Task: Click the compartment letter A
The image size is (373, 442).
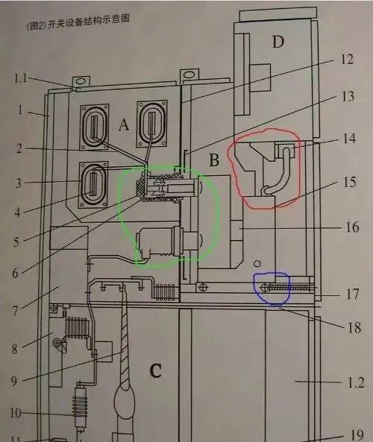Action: [x=124, y=124]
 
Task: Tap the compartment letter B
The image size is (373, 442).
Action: [x=214, y=160]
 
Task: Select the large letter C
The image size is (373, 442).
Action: [x=155, y=370]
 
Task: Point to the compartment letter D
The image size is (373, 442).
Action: [x=278, y=42]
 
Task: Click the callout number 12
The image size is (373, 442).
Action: [x=347, y=59]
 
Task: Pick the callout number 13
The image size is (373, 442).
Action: [x=348, y=96]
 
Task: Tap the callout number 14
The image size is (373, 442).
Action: [x=349, y=139]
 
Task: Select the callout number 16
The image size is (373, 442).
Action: [x=352, y=227]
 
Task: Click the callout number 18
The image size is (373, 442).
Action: [x=354, y=327]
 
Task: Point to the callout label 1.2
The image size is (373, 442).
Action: [x=355, y=382]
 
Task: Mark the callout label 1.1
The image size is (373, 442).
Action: [x=21, y=78]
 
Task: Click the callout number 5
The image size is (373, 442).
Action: [x=16, y=242]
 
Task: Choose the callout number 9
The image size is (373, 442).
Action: [x=14, y=382]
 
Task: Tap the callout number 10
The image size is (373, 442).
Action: [x=16, y=413]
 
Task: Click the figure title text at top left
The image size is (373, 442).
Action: [x=78, y=22]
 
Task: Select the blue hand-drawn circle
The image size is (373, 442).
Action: [x=272, y=288]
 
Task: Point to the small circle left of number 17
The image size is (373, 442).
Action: [x=265, y=288]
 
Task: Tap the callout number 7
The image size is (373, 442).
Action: [x=15, y=311]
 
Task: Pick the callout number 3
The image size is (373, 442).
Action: [x=19, y=183]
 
